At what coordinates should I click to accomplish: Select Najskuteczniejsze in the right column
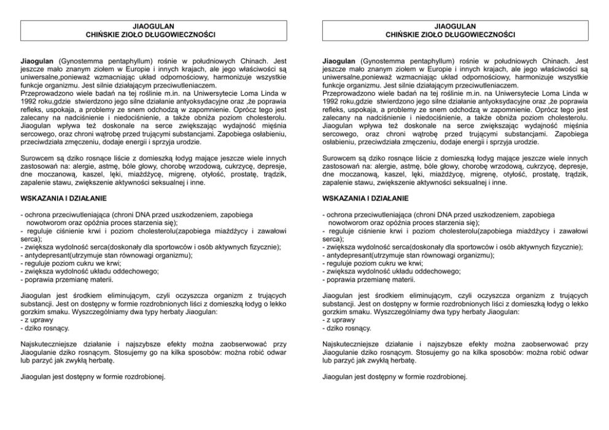352,344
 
